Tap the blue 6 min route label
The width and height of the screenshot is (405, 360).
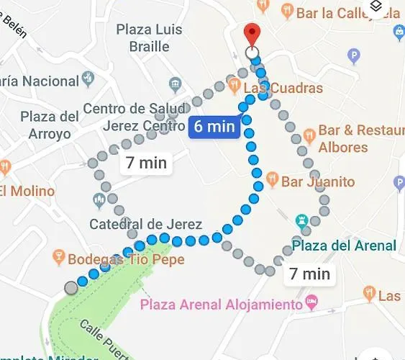[x=214, y=127]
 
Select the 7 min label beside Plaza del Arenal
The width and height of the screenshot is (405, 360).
[x=309, y=274]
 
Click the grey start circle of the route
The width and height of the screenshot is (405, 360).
[x=70, y=288]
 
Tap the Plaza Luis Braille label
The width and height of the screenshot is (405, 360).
[x=150, y=38]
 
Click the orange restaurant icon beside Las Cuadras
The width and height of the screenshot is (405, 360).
[x=234, y=86]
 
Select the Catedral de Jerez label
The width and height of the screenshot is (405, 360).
[x=145, y=224]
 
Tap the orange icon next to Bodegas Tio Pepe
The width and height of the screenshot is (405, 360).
[x=59, y=257]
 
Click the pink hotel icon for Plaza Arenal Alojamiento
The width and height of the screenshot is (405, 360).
[x=311, y=302]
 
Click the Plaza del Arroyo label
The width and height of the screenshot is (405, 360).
[x=49, y=125]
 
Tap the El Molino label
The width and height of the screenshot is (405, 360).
[x=27, y=191]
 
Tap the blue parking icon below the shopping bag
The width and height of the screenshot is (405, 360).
[x=353, y=55]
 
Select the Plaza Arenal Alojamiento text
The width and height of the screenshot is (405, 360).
[x=222, y=304]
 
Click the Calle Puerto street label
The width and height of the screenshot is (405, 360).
[x=101, y=337]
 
